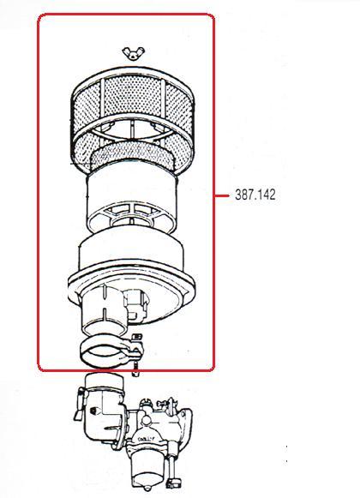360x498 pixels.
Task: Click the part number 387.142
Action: click(x=255, y=195)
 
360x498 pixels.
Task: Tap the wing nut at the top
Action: click(x=134, y=53)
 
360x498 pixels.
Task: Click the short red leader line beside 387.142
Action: click(x=221, y=195)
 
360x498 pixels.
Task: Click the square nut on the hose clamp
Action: click(x=136, y=337)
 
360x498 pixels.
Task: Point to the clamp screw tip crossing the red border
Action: click(x=135, y=370)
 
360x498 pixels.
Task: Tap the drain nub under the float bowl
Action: click(x=147, y=488)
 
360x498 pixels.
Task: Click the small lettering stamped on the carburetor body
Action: click(x=147, y=439)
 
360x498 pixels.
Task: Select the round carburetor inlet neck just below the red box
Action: click(x=105, y=382)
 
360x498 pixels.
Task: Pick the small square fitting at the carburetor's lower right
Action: click(x=174, y=483)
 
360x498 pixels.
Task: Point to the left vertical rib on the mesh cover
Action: click(x=102, y=95)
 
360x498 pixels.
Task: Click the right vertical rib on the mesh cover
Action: click(x=164, y=95)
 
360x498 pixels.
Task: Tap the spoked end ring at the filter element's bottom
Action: click(x=132, y=216)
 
